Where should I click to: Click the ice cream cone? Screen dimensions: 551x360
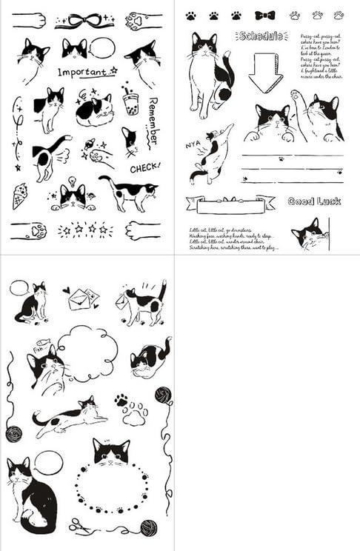click(x=19, y=196)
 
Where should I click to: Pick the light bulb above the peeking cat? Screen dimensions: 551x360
click(x=73, y=181)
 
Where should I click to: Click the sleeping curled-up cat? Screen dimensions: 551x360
click(x=94, y=111)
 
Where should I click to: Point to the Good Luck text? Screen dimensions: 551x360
click(x=313, y=201)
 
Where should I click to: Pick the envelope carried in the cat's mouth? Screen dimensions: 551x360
click(x=121, y=301)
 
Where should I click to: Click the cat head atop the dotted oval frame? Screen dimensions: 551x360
click(x=111, y=452)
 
